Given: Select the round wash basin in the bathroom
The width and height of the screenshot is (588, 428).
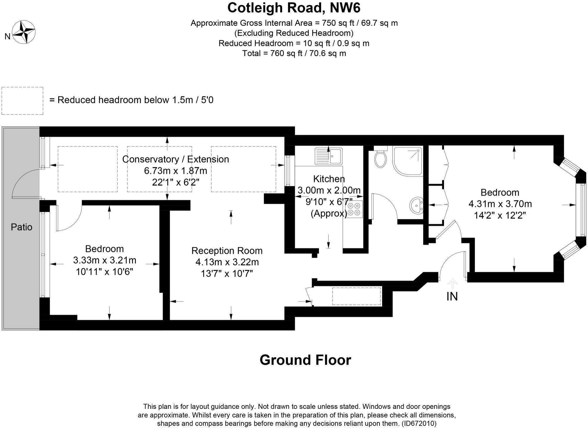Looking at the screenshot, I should click(x=416, y=205).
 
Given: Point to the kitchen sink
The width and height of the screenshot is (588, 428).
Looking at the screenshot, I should click(x=329, y=156).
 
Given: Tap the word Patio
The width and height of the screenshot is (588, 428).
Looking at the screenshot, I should click(x=21, y=227).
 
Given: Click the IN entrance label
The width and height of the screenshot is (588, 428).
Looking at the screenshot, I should click(x=452, y=296).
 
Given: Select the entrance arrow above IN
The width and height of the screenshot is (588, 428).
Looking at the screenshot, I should click(x=452, y=284).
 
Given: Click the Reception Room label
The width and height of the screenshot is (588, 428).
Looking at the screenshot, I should click(x=227, y=251).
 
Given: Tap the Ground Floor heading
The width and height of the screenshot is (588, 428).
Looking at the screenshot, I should click(x=305, y=360).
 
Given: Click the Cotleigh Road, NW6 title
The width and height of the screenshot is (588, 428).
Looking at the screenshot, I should click(x=294, y=8).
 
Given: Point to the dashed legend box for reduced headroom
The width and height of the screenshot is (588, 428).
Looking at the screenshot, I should click(x=22, y=101).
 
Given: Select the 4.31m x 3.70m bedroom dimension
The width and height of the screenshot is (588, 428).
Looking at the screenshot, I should click(x=500, y=204).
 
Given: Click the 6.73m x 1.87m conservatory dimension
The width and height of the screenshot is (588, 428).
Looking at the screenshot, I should click(x=176, y=170).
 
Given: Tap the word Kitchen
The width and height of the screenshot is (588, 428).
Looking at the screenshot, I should click(x=329, y=179).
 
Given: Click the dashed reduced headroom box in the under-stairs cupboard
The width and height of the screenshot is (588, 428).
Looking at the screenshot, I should click(x=356, y=296).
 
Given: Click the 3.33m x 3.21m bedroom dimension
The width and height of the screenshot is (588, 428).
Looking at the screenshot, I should click(x=104, y=260).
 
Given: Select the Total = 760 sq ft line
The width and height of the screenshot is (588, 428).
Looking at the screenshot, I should click(x=294, y=53).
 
